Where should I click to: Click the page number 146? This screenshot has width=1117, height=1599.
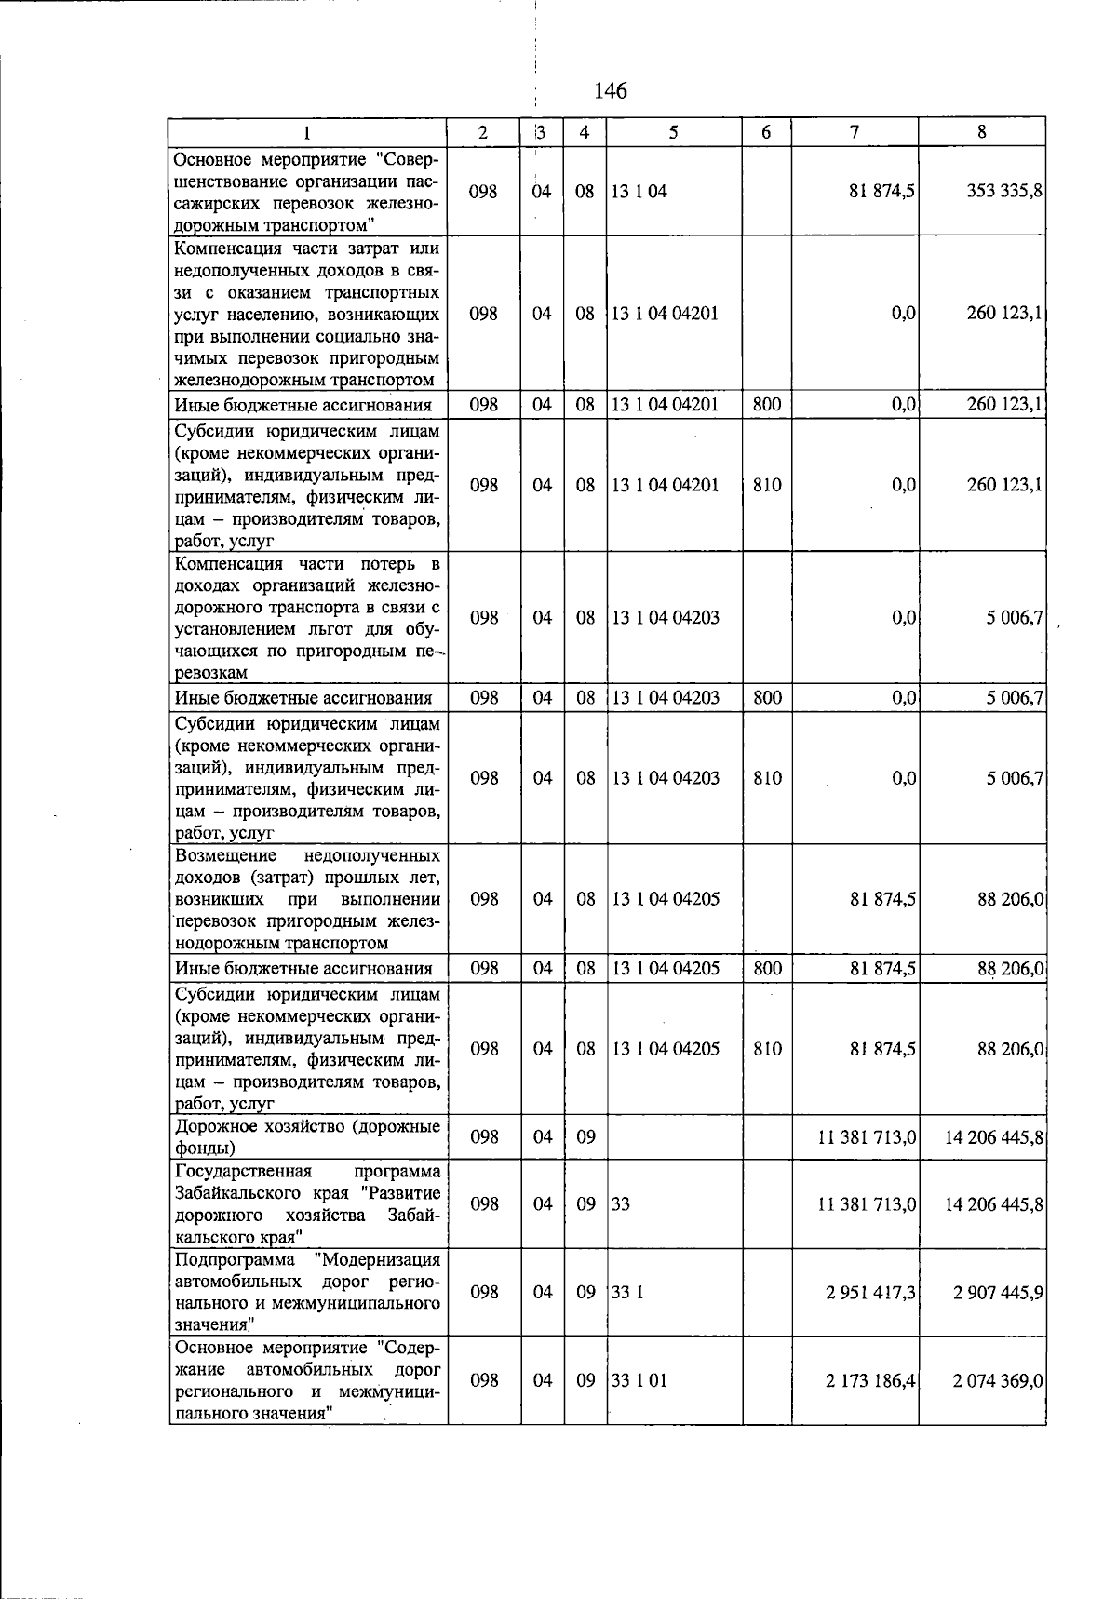[x=610, y=90]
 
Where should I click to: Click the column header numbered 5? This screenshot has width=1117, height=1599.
[x=673, y=132]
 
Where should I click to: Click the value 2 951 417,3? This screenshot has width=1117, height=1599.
[x=869, y=1292]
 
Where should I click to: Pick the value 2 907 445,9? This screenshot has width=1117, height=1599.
[x=997, y=1292]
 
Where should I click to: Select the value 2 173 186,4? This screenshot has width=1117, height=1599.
[x=869, y=1380]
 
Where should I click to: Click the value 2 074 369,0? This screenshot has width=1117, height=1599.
[x=997, y=1380]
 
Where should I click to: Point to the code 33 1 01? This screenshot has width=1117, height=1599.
[x=639, y=1380]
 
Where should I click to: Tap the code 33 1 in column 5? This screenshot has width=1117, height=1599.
[x=627, y=1292]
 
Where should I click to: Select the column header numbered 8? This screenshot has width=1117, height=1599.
[x=981, y=132]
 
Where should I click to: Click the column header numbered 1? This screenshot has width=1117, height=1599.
[x=308, y=132]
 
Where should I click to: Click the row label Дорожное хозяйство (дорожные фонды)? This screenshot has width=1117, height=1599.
[x=307, y=1136]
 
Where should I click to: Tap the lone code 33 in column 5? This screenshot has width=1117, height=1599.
[x=621, y=1204]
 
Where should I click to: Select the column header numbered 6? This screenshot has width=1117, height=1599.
[x=766, y=132]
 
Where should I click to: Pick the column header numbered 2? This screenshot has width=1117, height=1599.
[x=483, y=132]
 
